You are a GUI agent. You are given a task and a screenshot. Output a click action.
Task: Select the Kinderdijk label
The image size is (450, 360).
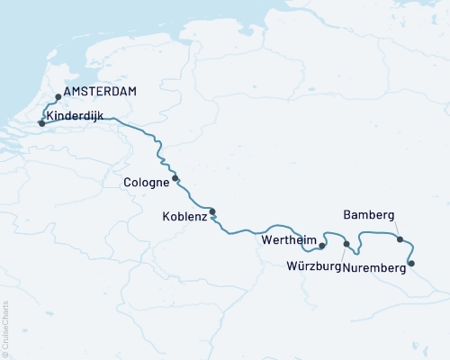tap(76, 115)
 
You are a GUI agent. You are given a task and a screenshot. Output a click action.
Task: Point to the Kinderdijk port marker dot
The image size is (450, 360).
tap(41, 123)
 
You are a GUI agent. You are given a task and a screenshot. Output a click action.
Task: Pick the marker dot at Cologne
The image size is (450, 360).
tap(175, 178)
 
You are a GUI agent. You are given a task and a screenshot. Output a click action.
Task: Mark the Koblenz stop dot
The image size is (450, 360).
tap(212, 212)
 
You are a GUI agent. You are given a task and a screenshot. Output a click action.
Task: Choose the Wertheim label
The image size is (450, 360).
tap(288, 241)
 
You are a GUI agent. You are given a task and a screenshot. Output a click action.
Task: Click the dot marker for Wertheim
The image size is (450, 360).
tap(322, 244)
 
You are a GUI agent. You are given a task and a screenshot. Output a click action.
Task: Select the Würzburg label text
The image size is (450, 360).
tap(314, 266)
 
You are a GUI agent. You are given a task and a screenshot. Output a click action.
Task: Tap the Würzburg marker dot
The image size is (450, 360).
tap(346, 244)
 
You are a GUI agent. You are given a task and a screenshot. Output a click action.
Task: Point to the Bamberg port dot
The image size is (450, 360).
tap(400, 239)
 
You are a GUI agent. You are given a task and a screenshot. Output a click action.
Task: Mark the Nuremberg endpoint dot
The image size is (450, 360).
tap(411, 264)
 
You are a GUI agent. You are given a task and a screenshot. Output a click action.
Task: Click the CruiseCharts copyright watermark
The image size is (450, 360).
tap(5, 329)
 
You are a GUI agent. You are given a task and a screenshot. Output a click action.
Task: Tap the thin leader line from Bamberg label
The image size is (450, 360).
tap(394, 230)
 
